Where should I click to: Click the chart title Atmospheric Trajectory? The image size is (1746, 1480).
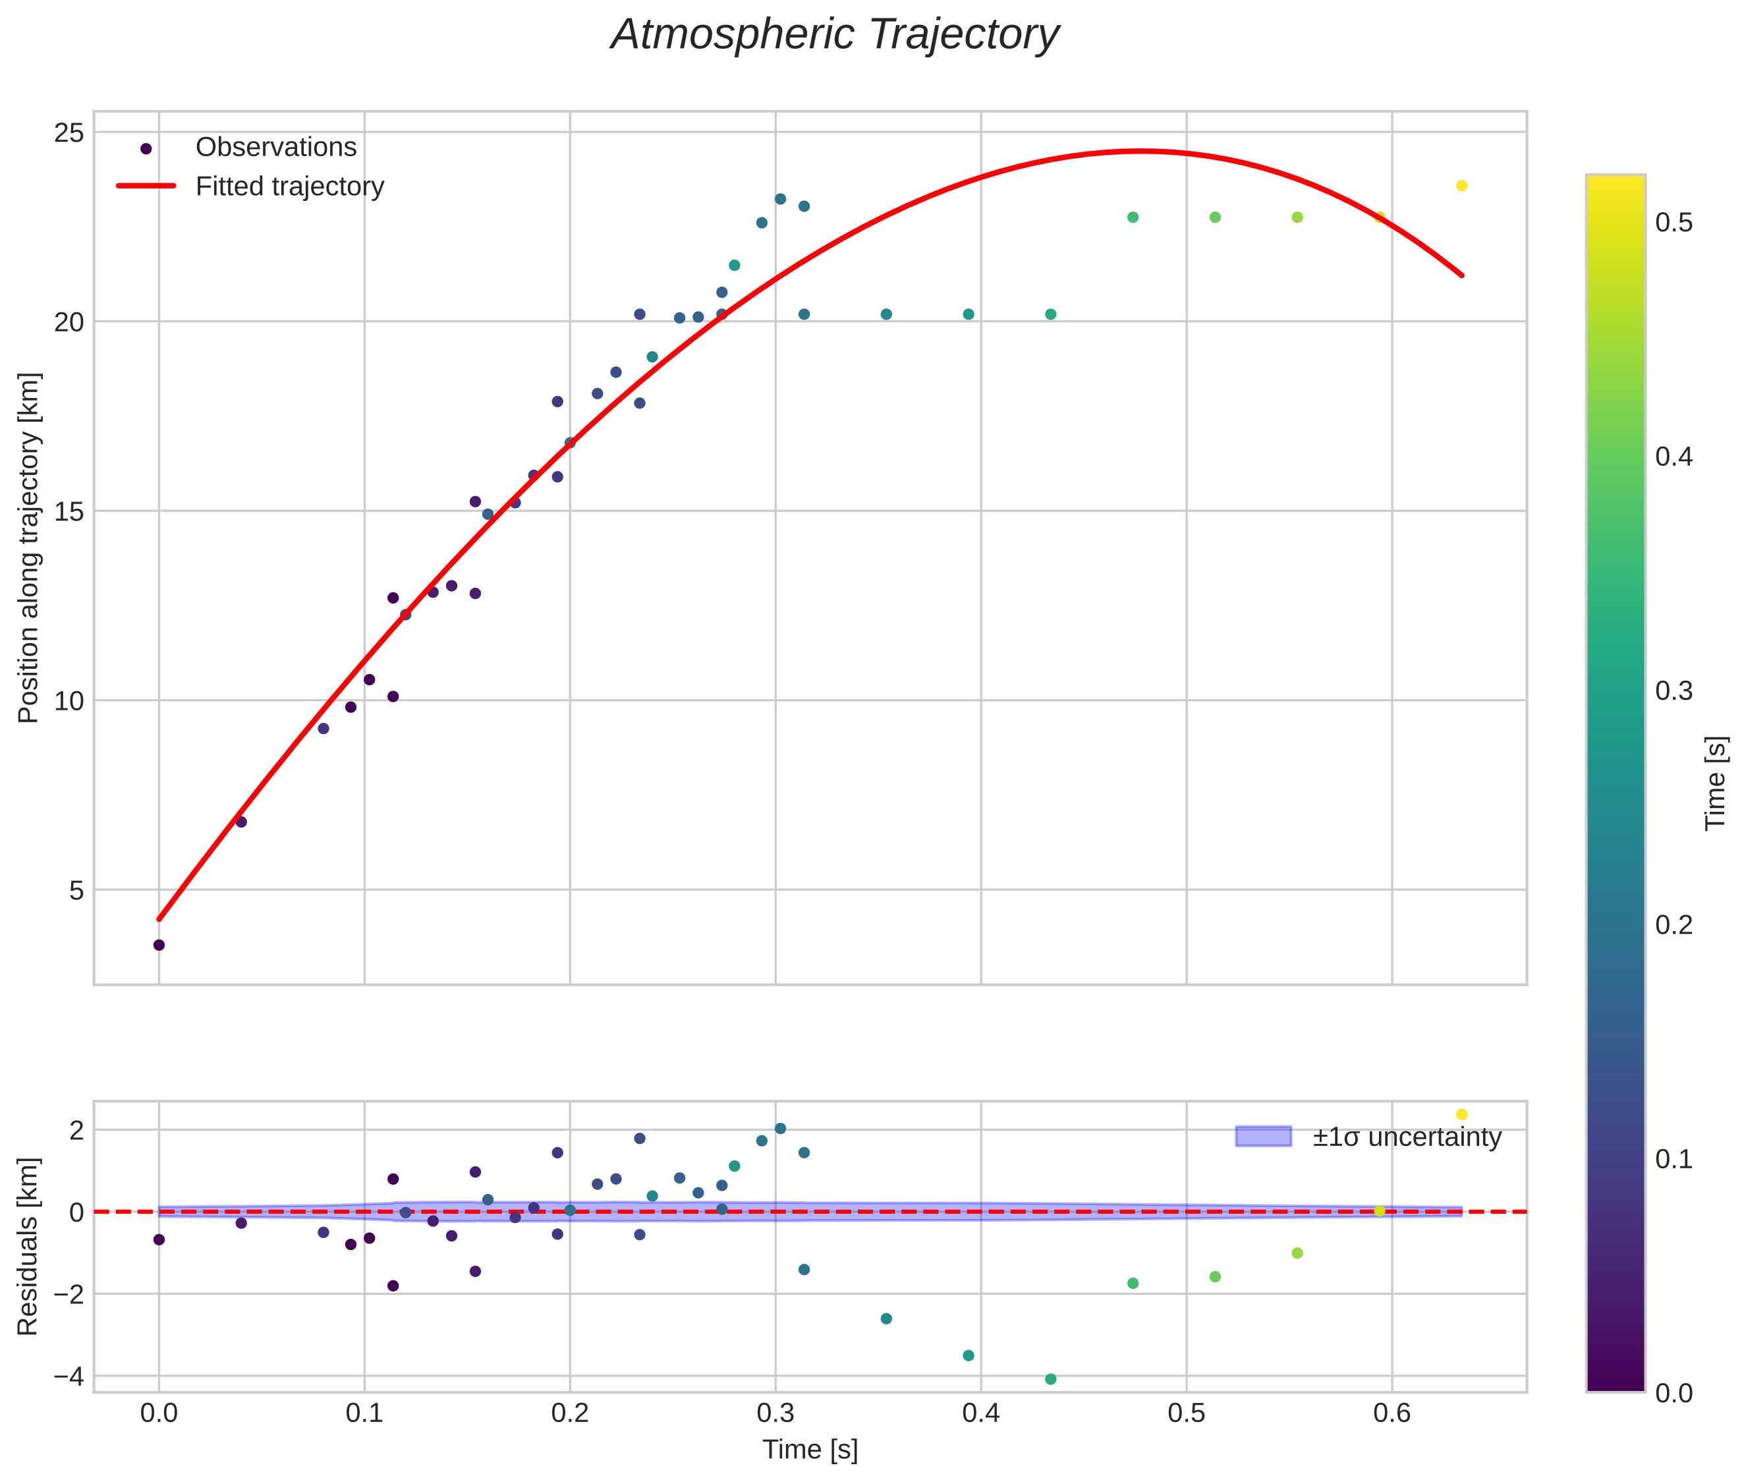point(835,35)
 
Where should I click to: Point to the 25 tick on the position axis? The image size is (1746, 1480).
point(69,132)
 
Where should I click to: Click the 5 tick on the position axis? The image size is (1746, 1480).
point(76,890)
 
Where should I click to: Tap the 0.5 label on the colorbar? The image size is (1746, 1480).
point(1673,223)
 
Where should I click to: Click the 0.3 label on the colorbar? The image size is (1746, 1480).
point(1673,691)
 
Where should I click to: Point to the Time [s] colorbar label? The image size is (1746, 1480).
point(1715,783)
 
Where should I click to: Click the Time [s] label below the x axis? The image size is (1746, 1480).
point(810,1450)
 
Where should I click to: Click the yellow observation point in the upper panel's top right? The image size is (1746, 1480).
point(1461,185)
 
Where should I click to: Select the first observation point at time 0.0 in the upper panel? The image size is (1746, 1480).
point(159,946)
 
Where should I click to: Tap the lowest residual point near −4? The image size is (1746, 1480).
point(1050,1379)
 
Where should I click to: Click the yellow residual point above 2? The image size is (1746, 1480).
point(1461,1115)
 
